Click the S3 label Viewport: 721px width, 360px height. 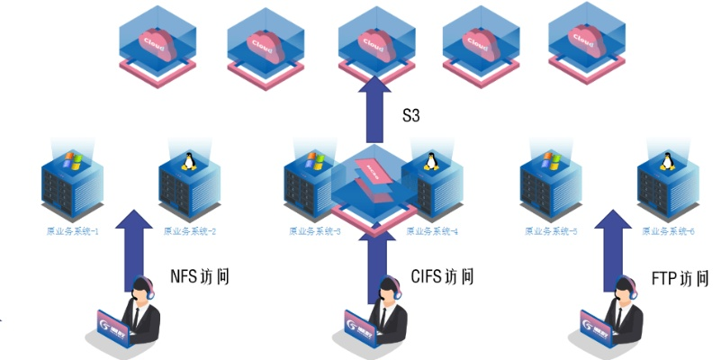(x=411, y=115)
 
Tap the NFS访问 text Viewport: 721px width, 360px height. (x=200, y=275)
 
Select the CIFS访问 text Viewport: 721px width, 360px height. (x=442, y=275)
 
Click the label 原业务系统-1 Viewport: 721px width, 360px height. (x=73, y=231)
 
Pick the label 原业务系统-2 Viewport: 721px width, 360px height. (x=190, y=231)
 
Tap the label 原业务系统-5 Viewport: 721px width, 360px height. (x=551, y=231)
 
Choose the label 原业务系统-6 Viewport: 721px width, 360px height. (x=667, y=231)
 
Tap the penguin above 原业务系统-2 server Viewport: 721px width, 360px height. (x=189, y=161)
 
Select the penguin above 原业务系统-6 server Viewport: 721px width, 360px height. (x=668, y=161)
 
